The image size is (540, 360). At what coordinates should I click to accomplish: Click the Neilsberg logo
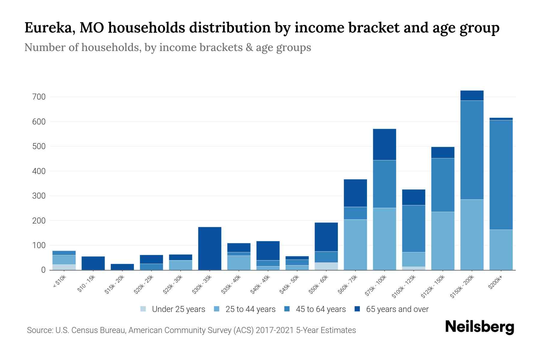point(479,327)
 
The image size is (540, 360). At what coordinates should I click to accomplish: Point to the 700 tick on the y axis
point(40,97)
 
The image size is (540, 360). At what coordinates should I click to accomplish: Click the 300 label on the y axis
point(40,196)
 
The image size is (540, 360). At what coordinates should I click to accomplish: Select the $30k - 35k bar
point(210,248)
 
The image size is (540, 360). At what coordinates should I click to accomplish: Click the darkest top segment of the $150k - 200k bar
point(472,95)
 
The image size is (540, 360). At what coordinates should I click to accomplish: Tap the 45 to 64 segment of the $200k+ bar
point(501,175)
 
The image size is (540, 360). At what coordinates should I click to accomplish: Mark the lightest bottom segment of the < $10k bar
point(64,267)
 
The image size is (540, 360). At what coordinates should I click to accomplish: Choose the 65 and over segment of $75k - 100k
point(384,144)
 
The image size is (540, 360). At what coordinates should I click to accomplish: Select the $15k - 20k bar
point(122,267)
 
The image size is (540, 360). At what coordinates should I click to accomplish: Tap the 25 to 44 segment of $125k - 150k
point(442,241)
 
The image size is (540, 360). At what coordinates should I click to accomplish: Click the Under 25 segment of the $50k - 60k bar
point(326,266)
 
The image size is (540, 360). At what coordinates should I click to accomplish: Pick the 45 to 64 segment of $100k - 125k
point(413,229)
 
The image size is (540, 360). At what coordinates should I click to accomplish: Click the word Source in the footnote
point(39,330)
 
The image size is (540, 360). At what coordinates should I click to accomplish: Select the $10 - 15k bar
point(93,263)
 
